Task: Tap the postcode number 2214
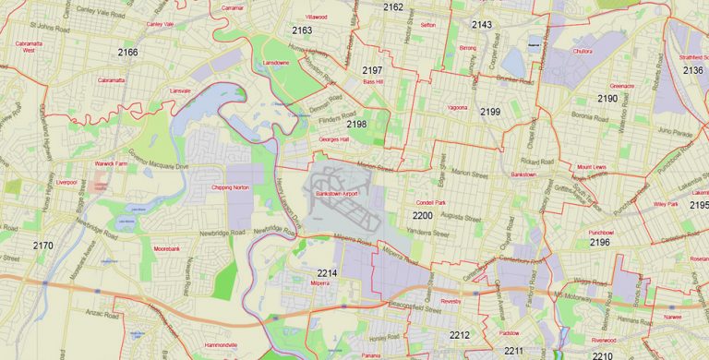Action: tap(327, 273)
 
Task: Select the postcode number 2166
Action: tap(127, 53)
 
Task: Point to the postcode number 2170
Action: tap(42, 246)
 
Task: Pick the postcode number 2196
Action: tap(600, 243)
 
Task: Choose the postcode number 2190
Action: tap(607, 98)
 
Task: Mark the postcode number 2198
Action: tap(356, 123)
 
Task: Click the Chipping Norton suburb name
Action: tap(231, 187)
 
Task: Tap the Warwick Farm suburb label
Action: tap(111, 163)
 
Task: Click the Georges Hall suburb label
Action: tap(333, 139)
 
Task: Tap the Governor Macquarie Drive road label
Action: tap(157, 160)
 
